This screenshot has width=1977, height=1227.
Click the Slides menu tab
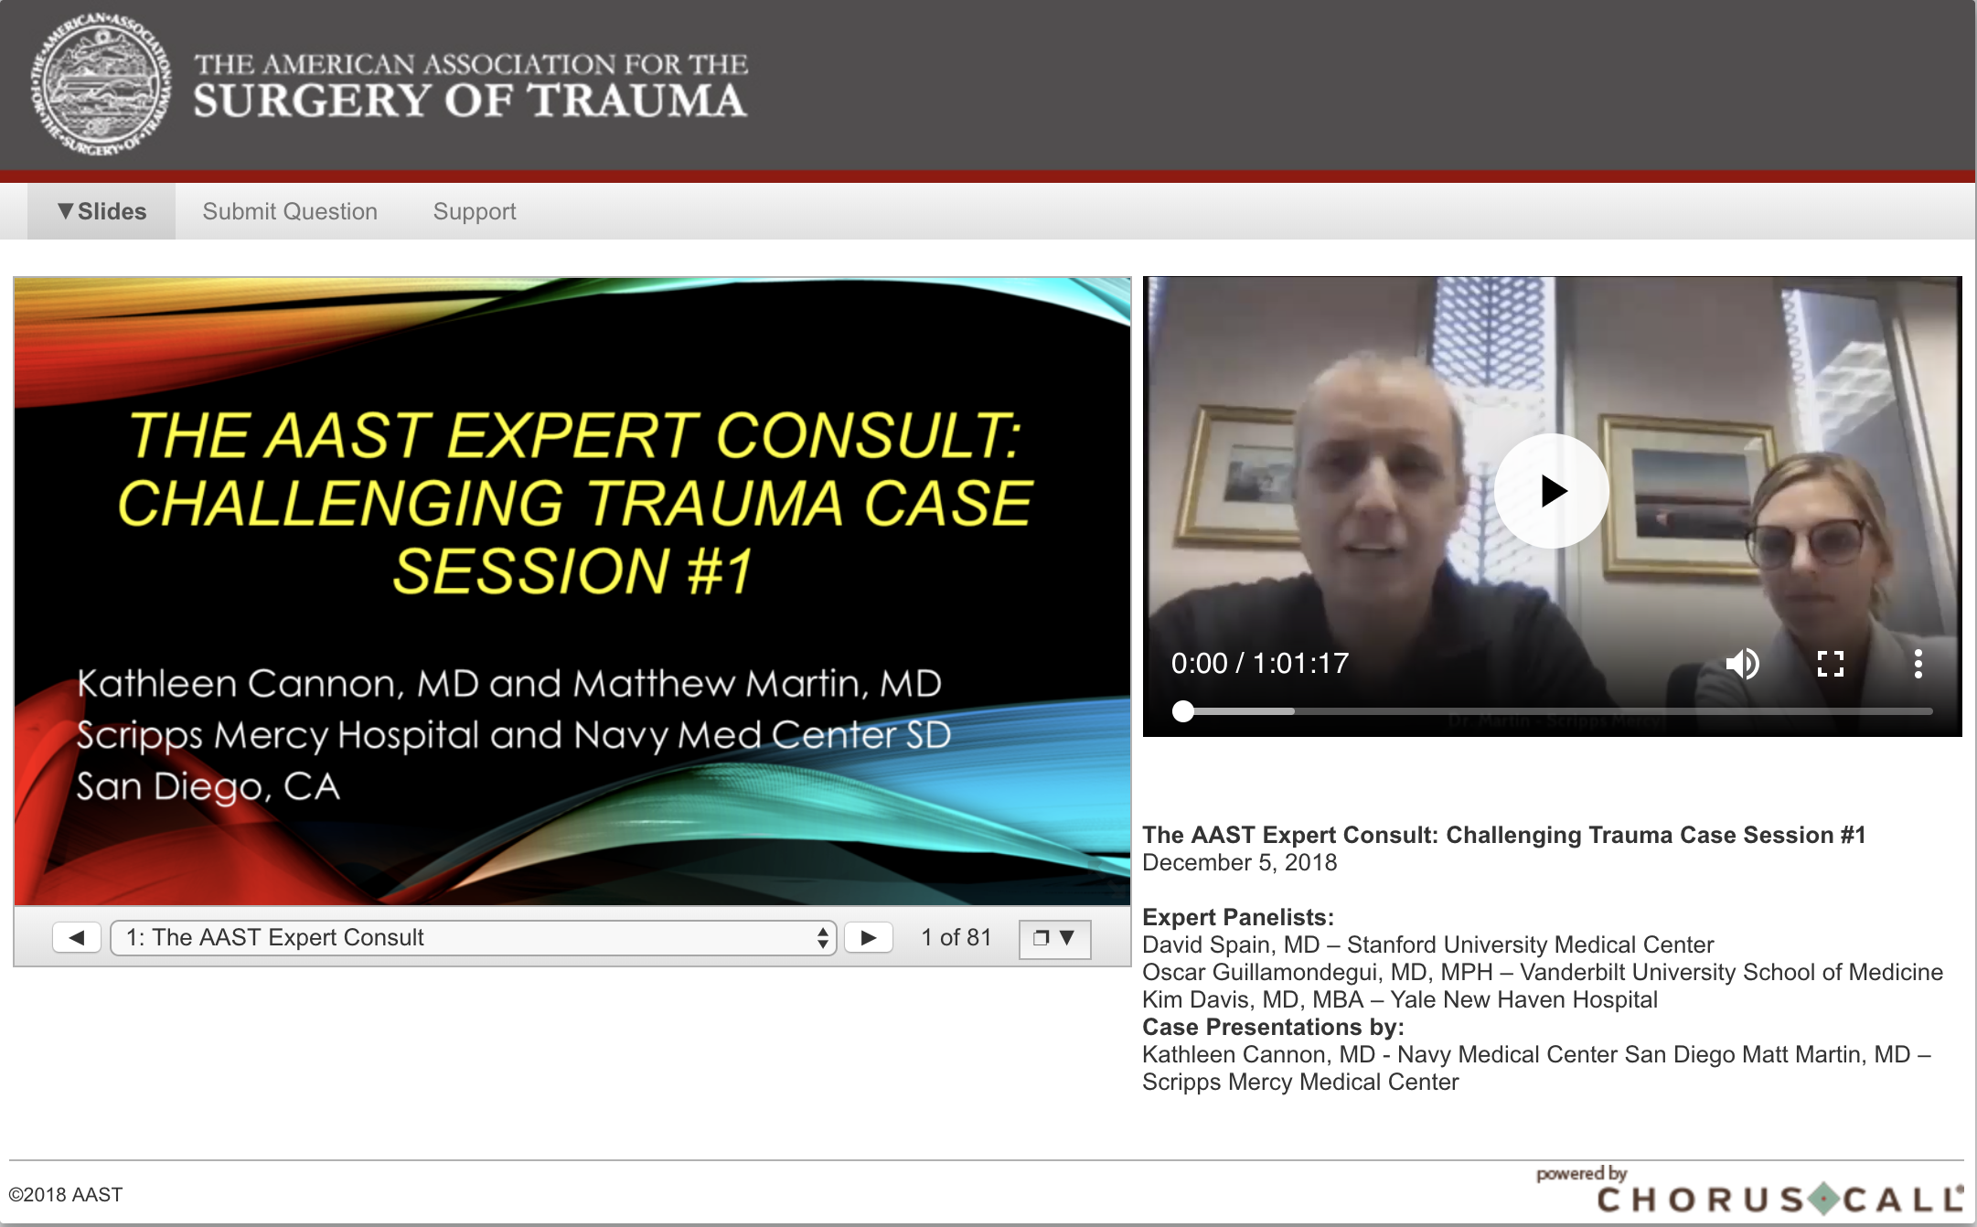(102, 211)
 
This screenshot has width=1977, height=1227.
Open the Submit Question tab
(290, 211)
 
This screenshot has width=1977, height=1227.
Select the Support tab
(475, 211)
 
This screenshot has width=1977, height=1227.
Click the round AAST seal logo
(101, 84)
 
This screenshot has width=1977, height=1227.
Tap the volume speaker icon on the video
(1742, 663)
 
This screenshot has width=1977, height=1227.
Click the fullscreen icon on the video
(1830, 663)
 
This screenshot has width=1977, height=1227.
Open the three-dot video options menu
(1918, 663)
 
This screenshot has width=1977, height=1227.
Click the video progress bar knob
(1183, 711)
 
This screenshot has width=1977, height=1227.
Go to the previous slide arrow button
(77, 937)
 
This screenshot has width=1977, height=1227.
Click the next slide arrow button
(869, 937)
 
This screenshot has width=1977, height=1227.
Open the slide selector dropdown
(474, 937)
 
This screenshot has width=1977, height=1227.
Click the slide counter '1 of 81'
(956, 937)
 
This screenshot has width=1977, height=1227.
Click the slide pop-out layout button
(1054, 938)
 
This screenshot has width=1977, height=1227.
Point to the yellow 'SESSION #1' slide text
(573, 571)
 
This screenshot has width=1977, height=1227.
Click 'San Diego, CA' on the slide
(208, 786)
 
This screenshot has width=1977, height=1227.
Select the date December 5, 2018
(1240, 862)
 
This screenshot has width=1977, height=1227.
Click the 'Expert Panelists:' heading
(1238, 917)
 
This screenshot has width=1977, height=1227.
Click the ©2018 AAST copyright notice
(65, 1194)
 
